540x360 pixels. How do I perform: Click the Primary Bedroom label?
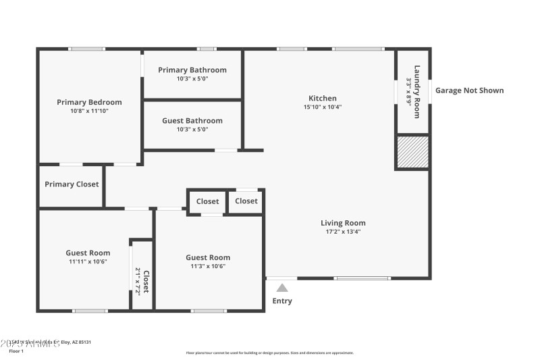point(89,102)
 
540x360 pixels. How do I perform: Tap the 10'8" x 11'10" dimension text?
point(89,111)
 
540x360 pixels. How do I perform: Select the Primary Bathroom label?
point(192,70)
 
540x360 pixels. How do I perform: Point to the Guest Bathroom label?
point(192,121)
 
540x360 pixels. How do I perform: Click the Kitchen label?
point(323,98)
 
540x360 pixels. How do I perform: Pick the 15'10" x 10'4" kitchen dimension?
point(323,107)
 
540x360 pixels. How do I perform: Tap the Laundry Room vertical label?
point(417,91)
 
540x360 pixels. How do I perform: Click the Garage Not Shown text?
point(469,91)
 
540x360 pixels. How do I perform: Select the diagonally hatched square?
point(412,152)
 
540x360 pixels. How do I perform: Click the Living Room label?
point(343,223)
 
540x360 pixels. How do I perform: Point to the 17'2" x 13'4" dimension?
point(343,232)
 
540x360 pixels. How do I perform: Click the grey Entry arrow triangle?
point(282,288)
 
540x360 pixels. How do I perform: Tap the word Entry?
point(282,301)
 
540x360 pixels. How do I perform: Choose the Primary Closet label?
point(72,184)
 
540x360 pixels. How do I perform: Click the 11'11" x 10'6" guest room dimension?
point(88,261)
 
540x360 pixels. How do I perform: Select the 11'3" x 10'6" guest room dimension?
point(208,266)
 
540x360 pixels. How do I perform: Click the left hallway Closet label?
point(207,201)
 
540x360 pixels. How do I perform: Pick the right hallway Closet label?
point(246,201)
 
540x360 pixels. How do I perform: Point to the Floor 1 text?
point(16,351)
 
